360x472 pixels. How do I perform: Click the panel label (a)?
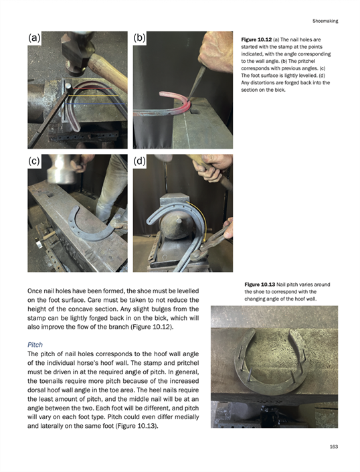coord(34,38)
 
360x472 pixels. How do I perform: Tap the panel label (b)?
coord(139,38)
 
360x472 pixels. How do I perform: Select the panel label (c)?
coord(34,161)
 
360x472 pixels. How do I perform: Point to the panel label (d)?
coord(139,161)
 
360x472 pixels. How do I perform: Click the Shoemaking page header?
coord(325,21)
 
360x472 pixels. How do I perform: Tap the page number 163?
coord(333,447)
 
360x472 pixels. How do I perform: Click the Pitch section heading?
coord(35,345)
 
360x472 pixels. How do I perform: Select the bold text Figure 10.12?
coord(256,40)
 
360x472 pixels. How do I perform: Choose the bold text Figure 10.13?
coord(260,285)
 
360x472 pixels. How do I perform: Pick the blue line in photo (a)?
coord(95,104)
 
